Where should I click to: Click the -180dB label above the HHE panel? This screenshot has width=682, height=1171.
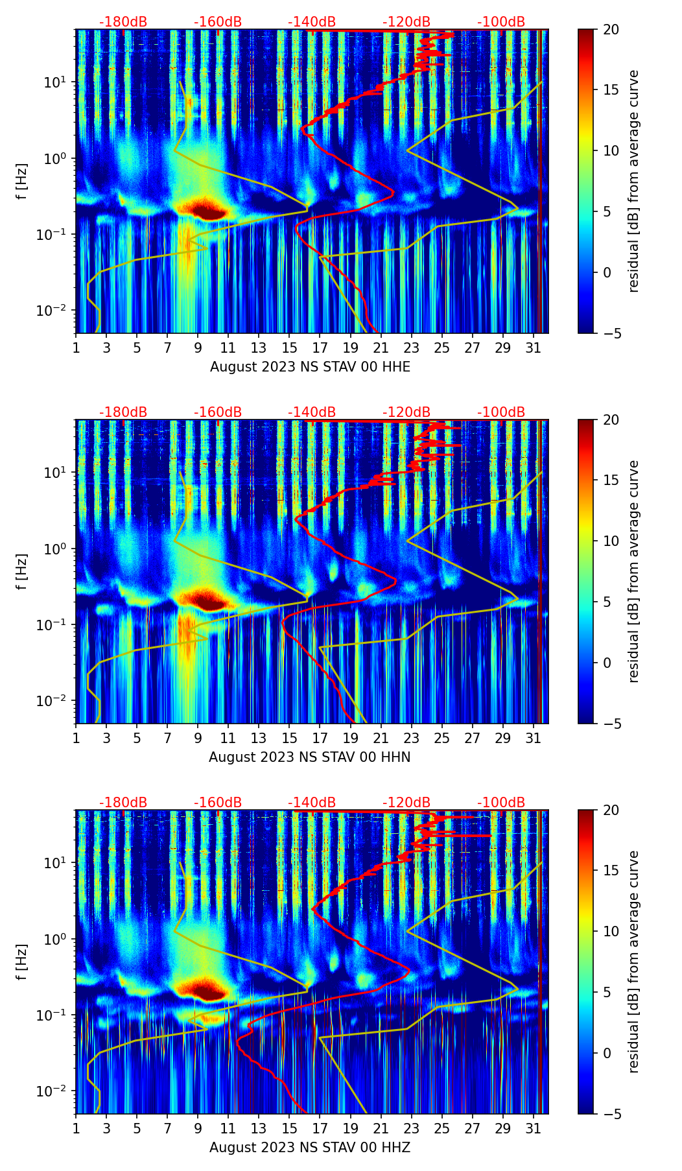(x=123, y=22)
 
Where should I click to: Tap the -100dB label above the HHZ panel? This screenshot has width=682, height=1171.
(x=501, y=803)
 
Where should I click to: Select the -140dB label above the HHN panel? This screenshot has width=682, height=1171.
(x=312, y=412)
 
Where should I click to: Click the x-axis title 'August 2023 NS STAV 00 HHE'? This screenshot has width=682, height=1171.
(x=310, y=367)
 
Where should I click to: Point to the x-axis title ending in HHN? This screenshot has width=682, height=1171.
(x=310, y=757)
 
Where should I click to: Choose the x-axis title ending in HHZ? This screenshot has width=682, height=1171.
(x=310, y=1148)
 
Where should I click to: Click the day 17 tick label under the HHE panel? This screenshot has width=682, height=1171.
(x=320, y=348)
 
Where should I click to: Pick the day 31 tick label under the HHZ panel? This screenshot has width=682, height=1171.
(x=534, y=1128)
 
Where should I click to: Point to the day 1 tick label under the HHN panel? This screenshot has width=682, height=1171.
(x=76, y=738)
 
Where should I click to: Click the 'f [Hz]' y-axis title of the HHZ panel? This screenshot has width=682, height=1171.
(x=22, y=962)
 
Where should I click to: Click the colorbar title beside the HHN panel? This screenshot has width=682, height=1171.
(x=634, y=571)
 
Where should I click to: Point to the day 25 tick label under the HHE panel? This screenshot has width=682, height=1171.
(x=442, y=348)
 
